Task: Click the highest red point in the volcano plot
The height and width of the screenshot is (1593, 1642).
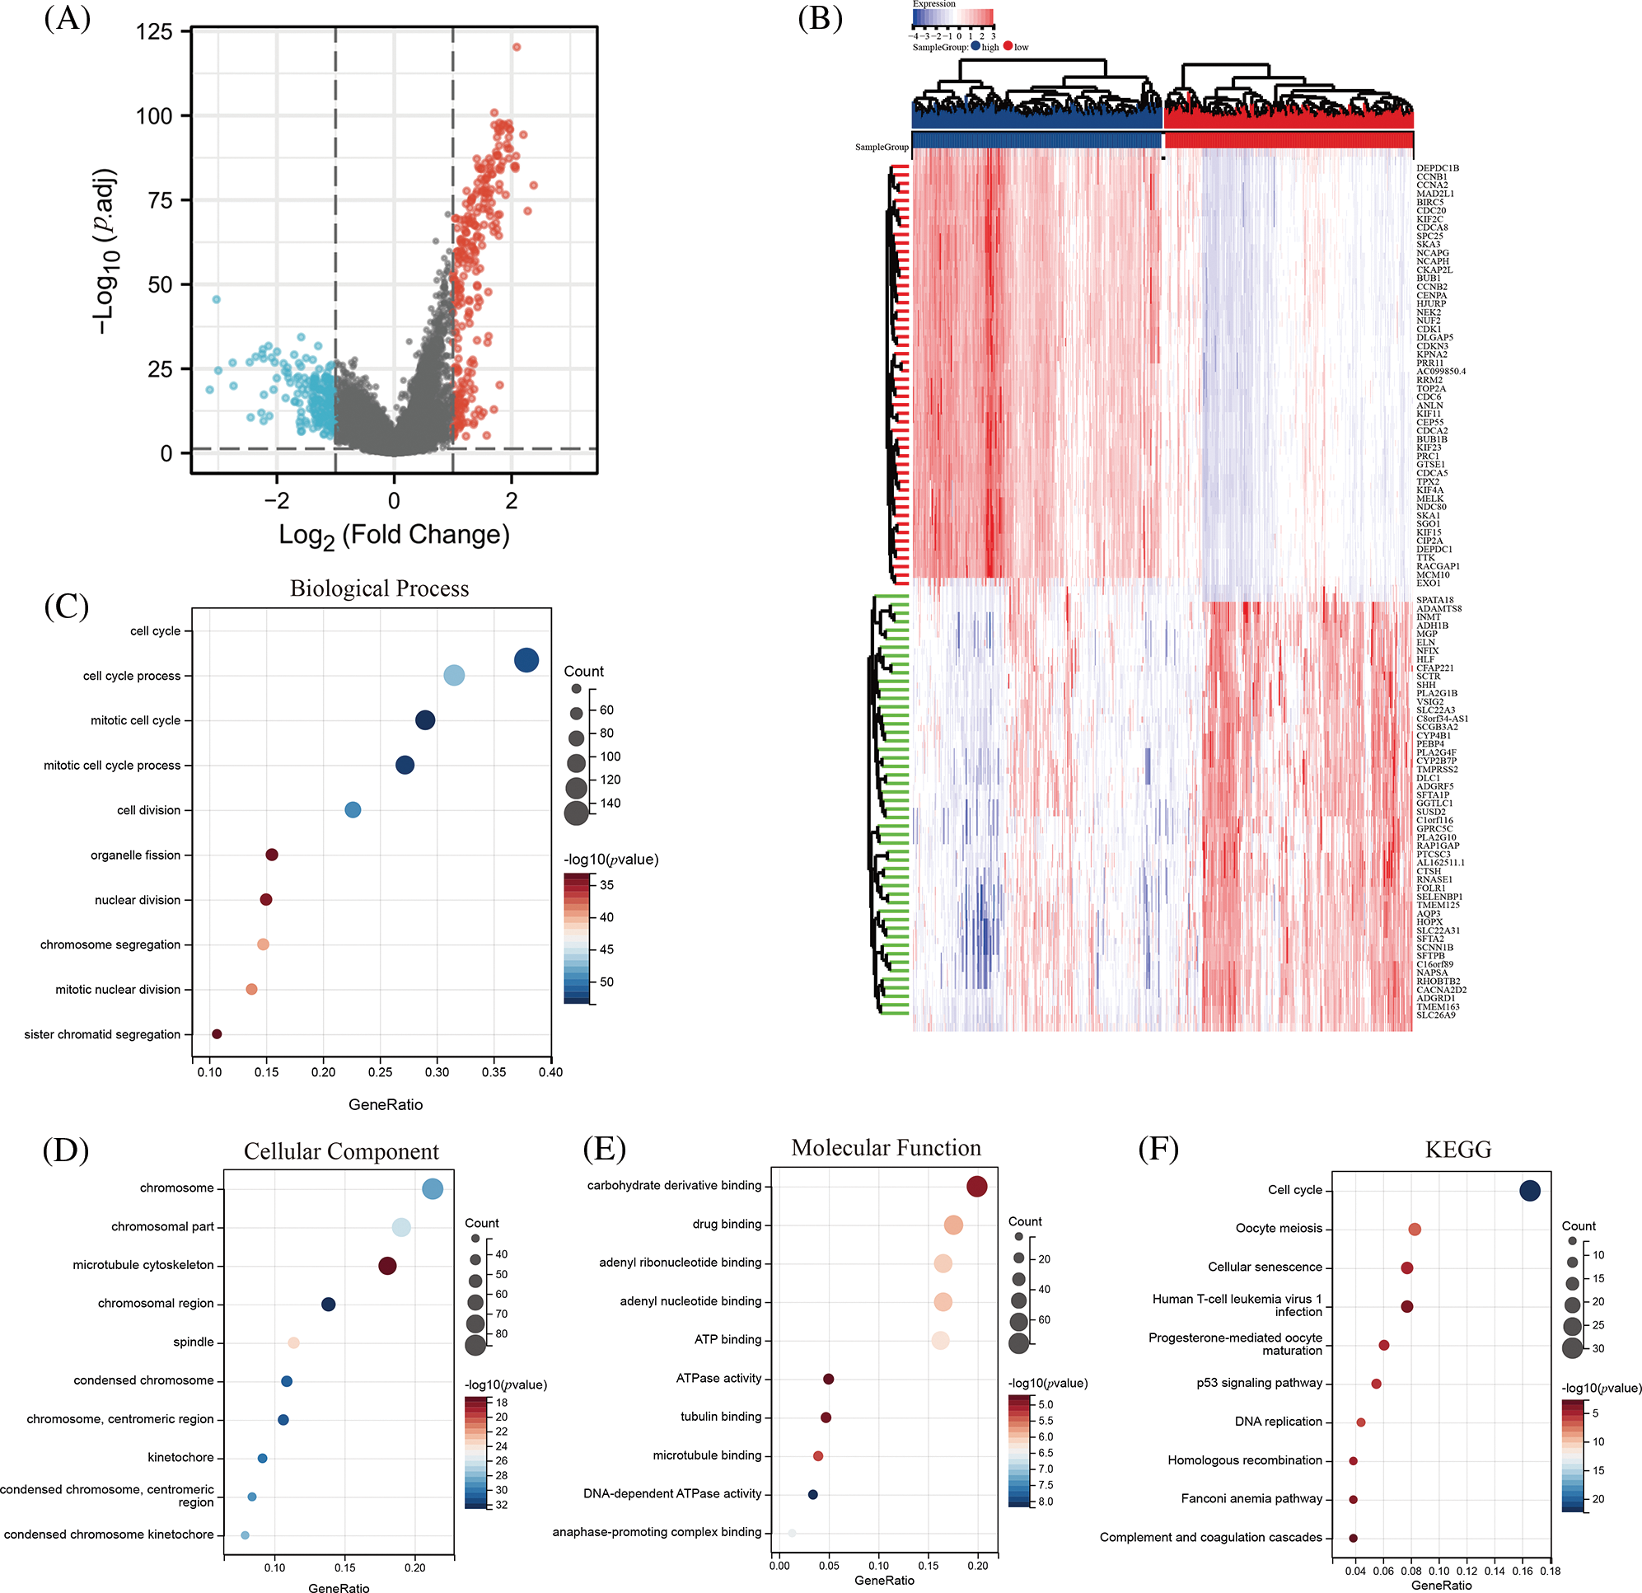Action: (x=516, y=47)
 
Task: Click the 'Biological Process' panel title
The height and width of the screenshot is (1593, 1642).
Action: (x=380, y=588)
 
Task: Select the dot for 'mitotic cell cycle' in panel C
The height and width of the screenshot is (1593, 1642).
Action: (x=425, y=719)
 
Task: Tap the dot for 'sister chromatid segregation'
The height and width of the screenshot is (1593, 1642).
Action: (x=217, y=1034)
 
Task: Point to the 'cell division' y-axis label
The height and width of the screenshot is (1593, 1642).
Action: (x=148, y=810)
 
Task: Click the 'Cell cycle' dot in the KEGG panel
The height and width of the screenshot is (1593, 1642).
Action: (x=1529, y=1190)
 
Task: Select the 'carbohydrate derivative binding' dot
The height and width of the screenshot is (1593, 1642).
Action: (x=976, y=1186)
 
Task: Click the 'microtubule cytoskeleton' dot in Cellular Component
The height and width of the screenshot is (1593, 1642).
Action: (x=387, y=1265)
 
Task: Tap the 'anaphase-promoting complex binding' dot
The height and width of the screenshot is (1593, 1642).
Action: (x=792, y=1533)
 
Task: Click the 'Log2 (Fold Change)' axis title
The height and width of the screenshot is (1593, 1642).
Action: (x=394, y=535)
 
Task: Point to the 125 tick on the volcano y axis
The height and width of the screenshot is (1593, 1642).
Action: (x=154, y=32)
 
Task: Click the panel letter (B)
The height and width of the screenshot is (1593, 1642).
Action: (x=819, y=18)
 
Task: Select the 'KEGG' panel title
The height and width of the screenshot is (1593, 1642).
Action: (x=1457, y=1149)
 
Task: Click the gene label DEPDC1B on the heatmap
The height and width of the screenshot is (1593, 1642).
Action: (x=1438, y=168)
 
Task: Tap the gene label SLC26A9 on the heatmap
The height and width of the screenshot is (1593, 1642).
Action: (x=1436, y=1014)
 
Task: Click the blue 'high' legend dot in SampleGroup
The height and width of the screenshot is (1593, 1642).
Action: (x=975, y=47)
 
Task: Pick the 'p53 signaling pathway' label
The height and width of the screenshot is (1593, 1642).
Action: (x=1259, y=1383)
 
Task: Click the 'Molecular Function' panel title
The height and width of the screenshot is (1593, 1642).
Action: (x=886, y=1147)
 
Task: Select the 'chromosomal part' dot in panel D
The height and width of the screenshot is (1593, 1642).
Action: (x=401, y=1228)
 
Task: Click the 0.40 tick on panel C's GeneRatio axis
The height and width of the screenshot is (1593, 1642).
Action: (x=550, y=1072)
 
